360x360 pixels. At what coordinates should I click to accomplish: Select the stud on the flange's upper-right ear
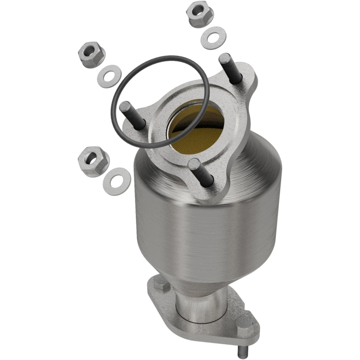pos(230,69)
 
